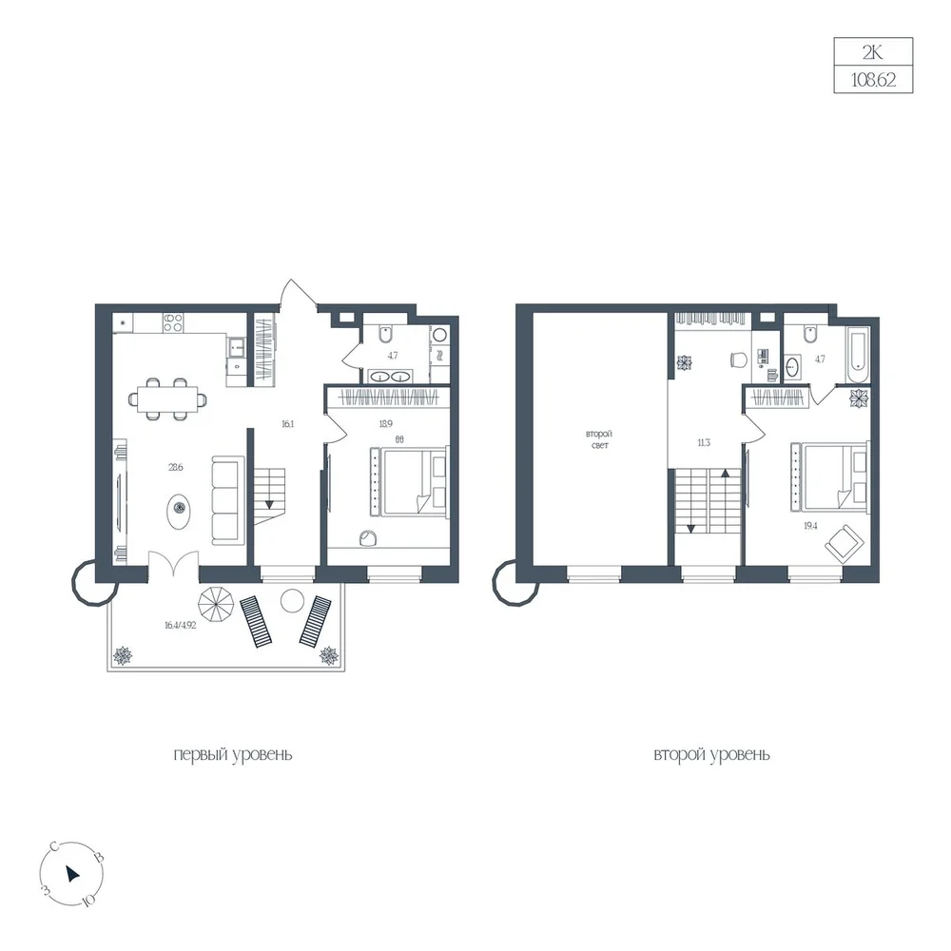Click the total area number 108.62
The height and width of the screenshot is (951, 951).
[x=873, y=80]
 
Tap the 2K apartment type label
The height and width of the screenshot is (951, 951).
[x=873, y=52]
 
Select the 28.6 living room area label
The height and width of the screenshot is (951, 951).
[x=176, y=468]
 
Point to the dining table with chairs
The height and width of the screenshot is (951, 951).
[x=167, y=399]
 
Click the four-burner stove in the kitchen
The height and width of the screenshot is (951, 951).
[x=173, y=322]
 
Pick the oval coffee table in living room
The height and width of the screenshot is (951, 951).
[x=180, y=508]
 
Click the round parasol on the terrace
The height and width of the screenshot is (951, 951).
[x=216, y=604]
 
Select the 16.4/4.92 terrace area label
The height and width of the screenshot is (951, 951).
[x=180, y=626]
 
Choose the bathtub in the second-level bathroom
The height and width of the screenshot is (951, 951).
[x=858, y=356]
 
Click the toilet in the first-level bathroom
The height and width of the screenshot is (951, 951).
[x=386, y=334]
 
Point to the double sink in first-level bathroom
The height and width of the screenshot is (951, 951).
[x=389, y=376]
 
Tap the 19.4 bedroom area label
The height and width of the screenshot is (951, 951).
[x=810, y=526]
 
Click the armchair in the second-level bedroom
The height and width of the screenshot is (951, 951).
[x=844, y=544]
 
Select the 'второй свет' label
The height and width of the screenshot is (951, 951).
[x=599, y=439]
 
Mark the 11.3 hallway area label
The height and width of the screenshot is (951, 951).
[x=704, y=443]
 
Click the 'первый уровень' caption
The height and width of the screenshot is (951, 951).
[x=233, y=754]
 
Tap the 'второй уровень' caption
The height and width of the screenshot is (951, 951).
[x=711, y=754]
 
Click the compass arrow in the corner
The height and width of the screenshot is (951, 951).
[x=72, y=873]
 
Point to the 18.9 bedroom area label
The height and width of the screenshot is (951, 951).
[x=386, y=424]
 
